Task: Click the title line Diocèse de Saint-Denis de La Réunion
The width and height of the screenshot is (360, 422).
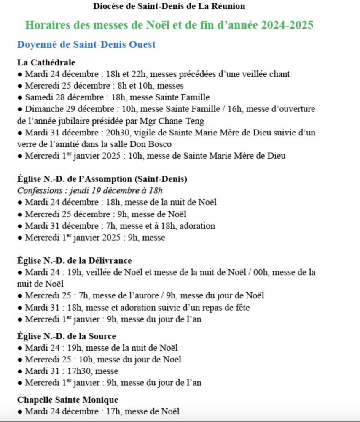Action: [x=169, y=6]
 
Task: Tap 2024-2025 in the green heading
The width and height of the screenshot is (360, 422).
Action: [x=287, y=25]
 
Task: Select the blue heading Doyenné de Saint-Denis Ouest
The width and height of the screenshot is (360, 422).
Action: [x=86, y=44]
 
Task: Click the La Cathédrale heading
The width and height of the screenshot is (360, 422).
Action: [x=46, y=62]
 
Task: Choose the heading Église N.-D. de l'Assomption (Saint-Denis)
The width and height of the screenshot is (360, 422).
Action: [x=102, y=179]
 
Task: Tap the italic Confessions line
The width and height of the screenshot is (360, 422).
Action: [x=90, y=190]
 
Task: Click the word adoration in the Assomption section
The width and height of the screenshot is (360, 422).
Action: [x=198, y=226]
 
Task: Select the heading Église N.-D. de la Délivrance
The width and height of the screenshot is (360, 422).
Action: [x=75, y=260]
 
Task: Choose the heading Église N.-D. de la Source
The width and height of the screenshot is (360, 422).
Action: [x=67, y=336]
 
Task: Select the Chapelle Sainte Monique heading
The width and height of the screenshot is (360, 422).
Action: [x=68, y=399]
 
